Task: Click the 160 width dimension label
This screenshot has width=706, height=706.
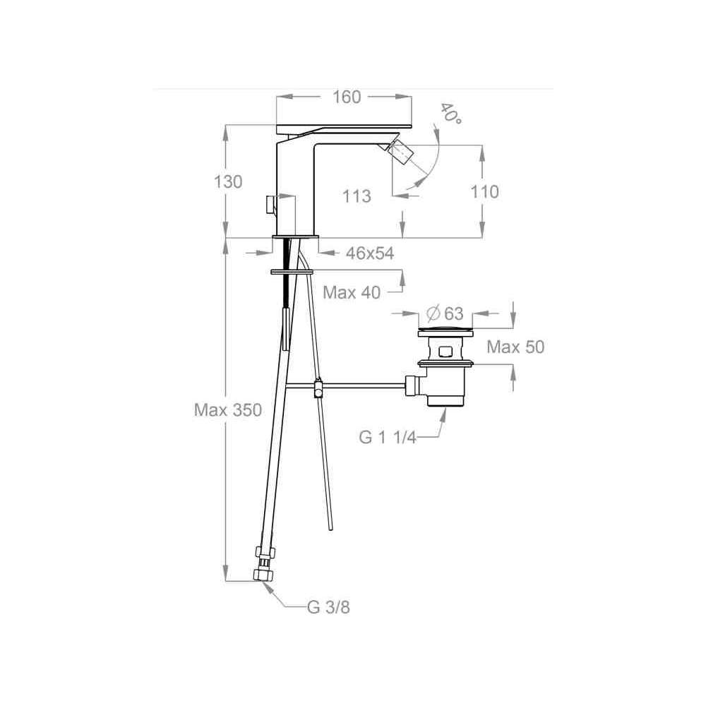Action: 347,97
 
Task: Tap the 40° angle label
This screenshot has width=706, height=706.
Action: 450,114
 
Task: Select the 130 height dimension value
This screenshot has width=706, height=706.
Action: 228,182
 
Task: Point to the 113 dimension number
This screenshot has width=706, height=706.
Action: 357,196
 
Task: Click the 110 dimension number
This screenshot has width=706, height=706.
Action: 484,192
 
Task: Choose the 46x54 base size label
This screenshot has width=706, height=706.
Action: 370,253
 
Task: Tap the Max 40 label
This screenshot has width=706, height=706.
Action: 352,293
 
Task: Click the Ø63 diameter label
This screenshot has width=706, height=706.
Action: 444,313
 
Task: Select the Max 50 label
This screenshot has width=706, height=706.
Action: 515,347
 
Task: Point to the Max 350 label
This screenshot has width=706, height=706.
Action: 228,409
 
